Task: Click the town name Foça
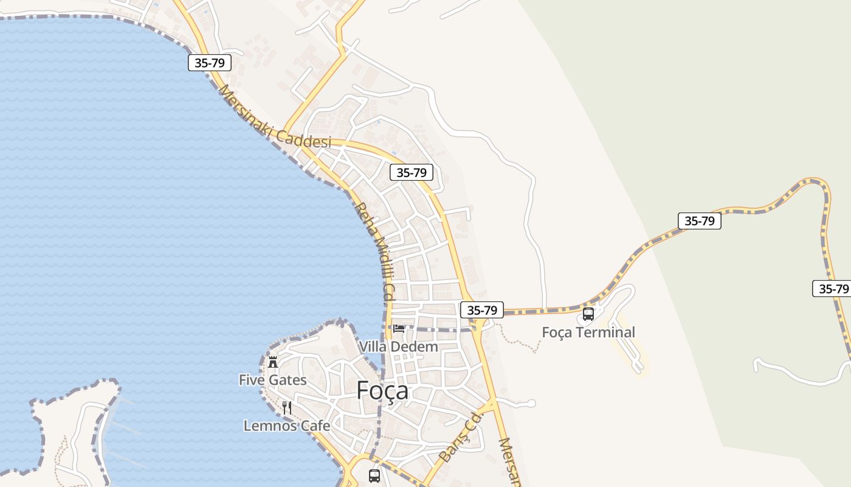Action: pyautogui.click(x=382, y=390)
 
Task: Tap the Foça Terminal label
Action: pyautogui.click(x=588, y=332)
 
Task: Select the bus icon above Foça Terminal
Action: pyautogui.click(x=588, y=314)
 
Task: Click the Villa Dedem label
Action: pyautogui.click(x=398, y=346)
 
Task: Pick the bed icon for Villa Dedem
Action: pyautogui.click(x=399, y=329)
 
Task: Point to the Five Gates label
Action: pyautogui.click(x=272, y=380)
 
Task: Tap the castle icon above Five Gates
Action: pyautogui.click(x=273, y=362)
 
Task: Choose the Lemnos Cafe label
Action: pyautogui.click(x=286, y=426)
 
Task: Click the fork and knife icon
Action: pyautogui.click(x=287, y=407)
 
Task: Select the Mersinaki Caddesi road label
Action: pyautogui.click(x=275, y=117)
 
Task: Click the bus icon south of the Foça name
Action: pyautogui.click(x=374, y=475)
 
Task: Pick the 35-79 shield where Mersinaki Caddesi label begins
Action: pyautogui.click(x=210, y=62)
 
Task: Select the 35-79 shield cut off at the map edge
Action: pyautogui.click(x=831, y=289)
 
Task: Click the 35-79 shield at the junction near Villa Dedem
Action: pyautogui.click(x=482, y=310)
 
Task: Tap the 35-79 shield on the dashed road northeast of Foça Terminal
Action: pyautogui.click(x=699, y=220)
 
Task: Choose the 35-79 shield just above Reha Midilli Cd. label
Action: pyautogui.click(x=412, y=172)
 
